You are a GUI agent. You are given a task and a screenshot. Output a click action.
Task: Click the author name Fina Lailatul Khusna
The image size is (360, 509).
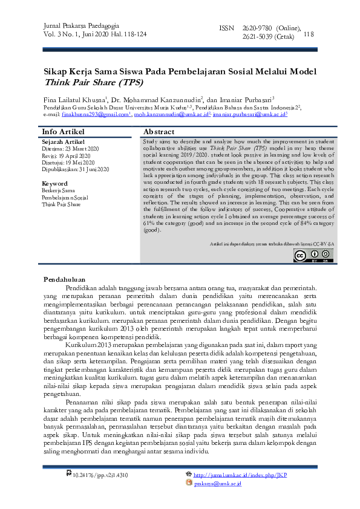pos(73,99)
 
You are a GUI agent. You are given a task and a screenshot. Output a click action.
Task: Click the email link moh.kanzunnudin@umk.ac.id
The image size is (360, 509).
pos(171,114)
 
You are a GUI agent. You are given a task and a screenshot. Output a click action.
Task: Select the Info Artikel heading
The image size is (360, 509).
pos(62,132)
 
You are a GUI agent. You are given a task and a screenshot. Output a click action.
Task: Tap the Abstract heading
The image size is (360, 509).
pos(159,132)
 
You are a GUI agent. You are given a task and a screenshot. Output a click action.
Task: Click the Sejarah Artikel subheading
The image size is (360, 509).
pos(64,141)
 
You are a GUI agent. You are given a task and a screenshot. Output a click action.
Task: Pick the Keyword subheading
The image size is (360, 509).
pos(54,183)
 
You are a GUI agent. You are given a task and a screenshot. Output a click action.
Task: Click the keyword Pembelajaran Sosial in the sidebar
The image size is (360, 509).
pos(64,197)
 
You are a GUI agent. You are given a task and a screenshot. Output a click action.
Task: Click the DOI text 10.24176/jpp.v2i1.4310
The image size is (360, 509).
pos(100,476)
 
